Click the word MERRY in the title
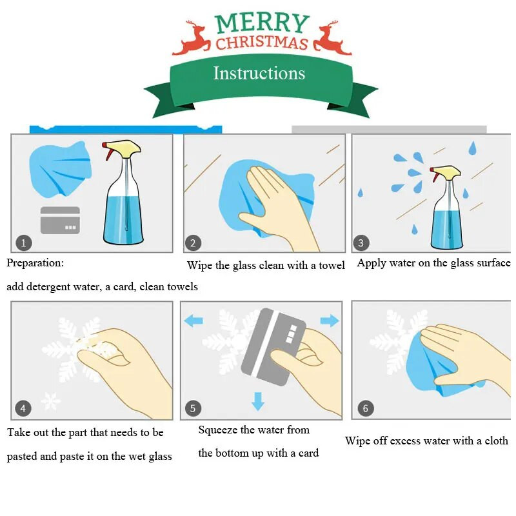262,23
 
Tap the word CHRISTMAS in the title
262,43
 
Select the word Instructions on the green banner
259,73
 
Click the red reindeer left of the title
192,38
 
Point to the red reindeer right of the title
332,38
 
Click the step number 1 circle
24,243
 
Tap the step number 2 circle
193,243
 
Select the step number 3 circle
361,243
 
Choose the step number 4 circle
23,409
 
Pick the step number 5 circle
193,408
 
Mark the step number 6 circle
366,408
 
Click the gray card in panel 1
60,220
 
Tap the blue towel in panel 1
60,169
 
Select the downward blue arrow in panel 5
258,401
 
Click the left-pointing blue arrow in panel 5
193,321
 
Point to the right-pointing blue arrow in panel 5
330,321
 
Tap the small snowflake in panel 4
51,401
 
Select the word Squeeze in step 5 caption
218,430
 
